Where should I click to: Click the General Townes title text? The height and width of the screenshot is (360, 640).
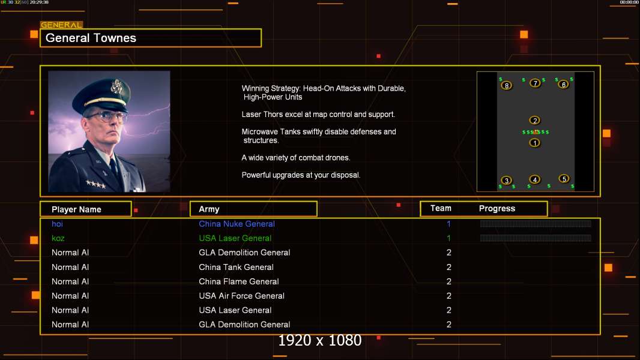click(91, 38)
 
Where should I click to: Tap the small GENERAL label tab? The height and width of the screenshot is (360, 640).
click(61, 25)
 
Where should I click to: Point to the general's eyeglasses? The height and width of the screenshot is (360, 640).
click(106, 117)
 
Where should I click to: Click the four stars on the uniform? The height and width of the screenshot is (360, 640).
click(96, 184)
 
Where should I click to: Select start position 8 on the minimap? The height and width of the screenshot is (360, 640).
click(506, 86)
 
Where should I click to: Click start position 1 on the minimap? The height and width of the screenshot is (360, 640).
click(535, 143)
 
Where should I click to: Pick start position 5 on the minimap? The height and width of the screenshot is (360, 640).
click(564, 179)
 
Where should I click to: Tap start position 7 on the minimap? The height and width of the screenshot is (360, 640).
click(535, 83)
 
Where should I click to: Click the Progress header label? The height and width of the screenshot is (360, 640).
click(497, 209)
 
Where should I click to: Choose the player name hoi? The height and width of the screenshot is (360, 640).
click(57, 224)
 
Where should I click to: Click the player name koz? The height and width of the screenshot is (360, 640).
click(58, 238)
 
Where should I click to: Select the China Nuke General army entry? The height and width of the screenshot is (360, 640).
click(237, 224)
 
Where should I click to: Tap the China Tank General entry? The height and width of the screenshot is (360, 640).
click(236, 267)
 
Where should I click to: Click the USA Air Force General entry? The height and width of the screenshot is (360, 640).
click(241, 296)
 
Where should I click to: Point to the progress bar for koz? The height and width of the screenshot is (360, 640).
click(536, 238)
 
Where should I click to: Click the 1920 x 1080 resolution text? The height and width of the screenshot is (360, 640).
click(320, 340)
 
